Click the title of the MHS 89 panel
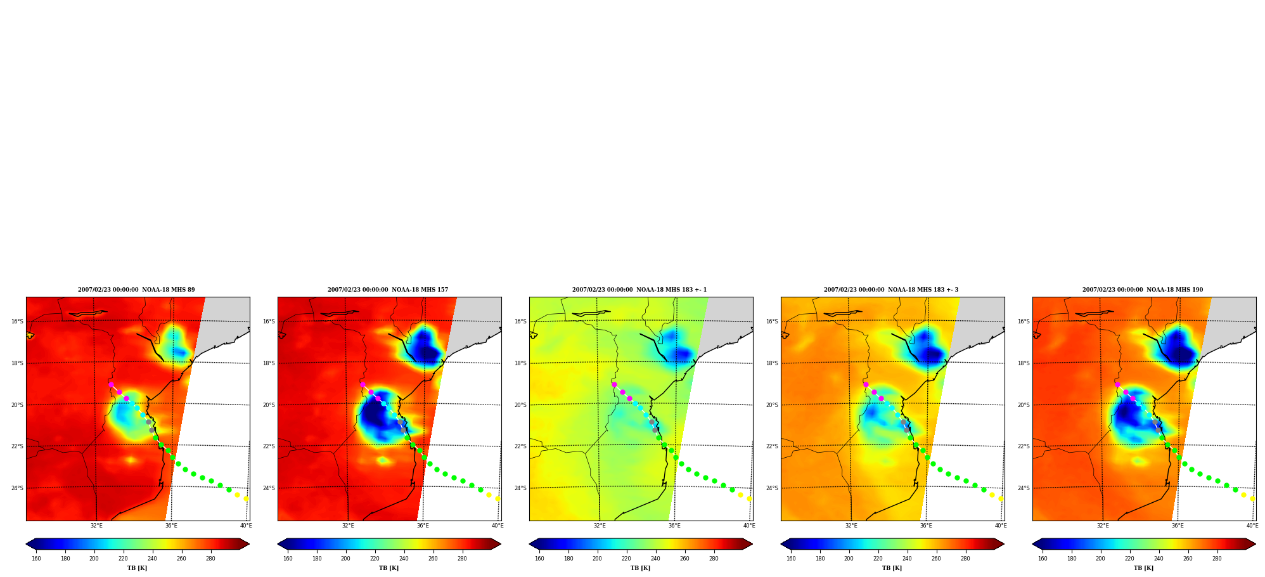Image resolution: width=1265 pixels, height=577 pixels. click(136, 290)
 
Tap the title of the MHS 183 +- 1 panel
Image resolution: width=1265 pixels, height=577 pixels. click(639, 290)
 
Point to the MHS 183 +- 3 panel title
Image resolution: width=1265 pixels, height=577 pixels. click(891, 290)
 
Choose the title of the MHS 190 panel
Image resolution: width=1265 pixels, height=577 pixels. click(1143, 290)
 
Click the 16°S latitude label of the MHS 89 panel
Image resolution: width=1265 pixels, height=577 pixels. click(17, 321)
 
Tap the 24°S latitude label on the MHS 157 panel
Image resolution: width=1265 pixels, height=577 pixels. click(269, 488)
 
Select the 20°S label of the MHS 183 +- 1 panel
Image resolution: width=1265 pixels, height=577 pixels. click(520, 405)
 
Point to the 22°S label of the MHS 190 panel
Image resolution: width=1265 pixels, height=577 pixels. click(1024, 446)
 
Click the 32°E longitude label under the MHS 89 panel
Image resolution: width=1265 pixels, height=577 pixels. click(96, 526)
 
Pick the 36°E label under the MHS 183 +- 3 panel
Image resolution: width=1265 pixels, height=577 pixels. click(926, 526)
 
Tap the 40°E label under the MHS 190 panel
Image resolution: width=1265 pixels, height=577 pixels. click(1252, 526)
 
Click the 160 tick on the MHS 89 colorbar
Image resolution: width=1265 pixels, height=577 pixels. click(36, 559)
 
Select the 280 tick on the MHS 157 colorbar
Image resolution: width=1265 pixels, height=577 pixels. click(462, 559)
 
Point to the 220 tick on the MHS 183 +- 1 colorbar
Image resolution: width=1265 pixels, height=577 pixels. click(626, 559)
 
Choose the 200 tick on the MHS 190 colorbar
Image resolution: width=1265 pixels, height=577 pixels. click(1100, 559)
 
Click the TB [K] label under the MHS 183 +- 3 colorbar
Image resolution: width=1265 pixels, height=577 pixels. click(892, 568)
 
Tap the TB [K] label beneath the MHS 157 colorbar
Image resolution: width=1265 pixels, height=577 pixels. click(388, 568)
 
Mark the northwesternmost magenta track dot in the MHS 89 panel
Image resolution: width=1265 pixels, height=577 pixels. click(111, 384)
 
